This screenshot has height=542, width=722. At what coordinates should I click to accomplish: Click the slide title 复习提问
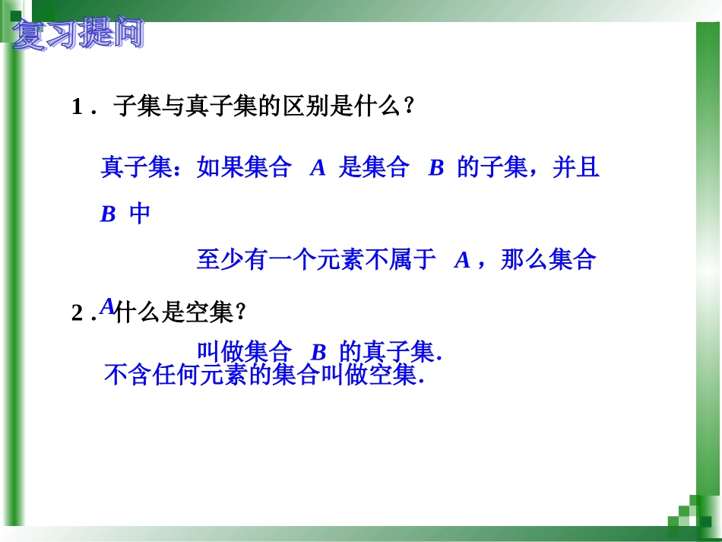78,35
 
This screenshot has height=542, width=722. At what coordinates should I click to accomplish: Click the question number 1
77,107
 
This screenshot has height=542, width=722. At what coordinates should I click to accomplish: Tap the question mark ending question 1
409,107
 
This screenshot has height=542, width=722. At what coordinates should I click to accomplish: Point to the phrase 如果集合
244,168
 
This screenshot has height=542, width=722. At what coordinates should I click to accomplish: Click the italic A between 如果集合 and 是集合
318,168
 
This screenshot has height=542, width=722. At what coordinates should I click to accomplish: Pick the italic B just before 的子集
435,168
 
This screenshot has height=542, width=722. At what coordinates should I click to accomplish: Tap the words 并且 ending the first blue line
576,168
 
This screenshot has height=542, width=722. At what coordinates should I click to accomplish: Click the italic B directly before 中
108,215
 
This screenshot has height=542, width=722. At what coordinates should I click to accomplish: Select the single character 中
140,214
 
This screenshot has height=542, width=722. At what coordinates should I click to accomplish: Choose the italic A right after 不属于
462,261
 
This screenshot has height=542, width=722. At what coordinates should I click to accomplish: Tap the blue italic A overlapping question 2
107,306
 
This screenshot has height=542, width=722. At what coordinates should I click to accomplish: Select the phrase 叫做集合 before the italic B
244,352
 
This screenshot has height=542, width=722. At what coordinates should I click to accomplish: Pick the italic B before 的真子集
318,353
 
